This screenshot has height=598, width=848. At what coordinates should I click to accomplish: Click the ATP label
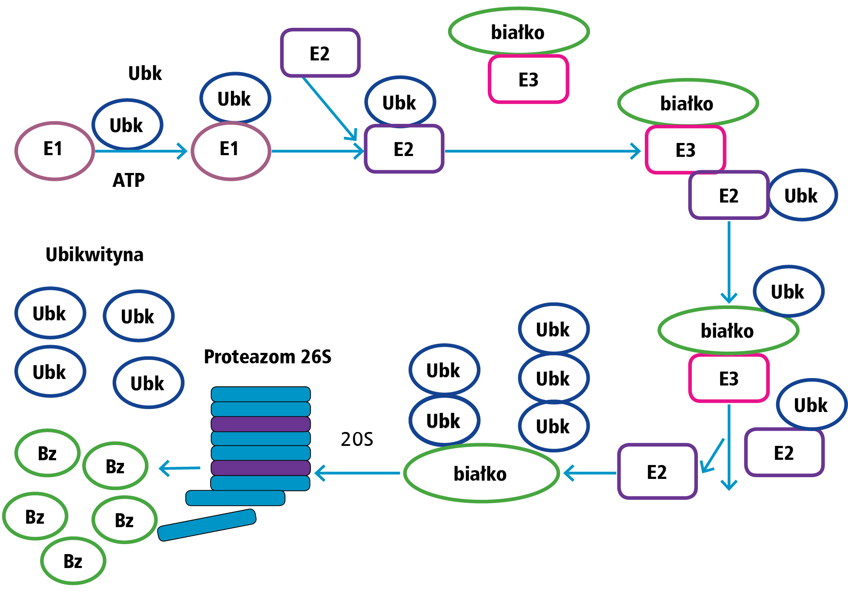(128, 180)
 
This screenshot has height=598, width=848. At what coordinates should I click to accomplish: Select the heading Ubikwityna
(94, 255)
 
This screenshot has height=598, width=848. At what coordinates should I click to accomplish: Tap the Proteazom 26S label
(268, 357)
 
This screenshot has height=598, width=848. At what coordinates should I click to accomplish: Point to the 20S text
(357, 439)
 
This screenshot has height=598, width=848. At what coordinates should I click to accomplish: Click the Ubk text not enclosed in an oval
(145, 73)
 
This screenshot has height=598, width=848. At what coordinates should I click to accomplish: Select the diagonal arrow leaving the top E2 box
(329, 108)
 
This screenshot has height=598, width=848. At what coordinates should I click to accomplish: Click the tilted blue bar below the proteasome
(207, 525)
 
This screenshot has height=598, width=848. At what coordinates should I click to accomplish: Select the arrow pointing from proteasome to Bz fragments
(180, 468)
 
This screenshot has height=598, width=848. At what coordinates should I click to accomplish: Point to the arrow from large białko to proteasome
(357, 473)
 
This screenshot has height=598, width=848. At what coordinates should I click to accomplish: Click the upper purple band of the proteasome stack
(261, 424)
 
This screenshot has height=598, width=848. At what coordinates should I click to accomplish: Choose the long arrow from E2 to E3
(543, 151)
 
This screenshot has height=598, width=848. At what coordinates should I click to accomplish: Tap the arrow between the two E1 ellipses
(141, 151)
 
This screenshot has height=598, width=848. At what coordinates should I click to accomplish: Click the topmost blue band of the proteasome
(261, 394)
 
